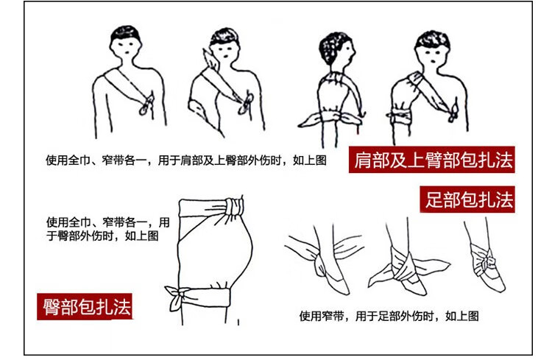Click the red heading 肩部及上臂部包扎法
[x=432, y=160]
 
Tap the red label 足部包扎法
[x=467, y=200]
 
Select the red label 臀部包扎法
[x=85, y=306]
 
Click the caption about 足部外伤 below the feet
[x=389, y=316]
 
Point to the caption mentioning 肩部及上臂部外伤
[x=186, y=160]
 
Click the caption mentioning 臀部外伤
[x=107, y=229]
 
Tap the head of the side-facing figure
[x=337, y=49]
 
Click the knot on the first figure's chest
[x=146, y=104]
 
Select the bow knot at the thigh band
[x=177, y=297]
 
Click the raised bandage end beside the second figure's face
[x=211, y=58]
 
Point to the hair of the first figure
[x=125, y=33]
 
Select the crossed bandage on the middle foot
[x=405, y=267]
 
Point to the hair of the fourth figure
[x=432, y=40]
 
